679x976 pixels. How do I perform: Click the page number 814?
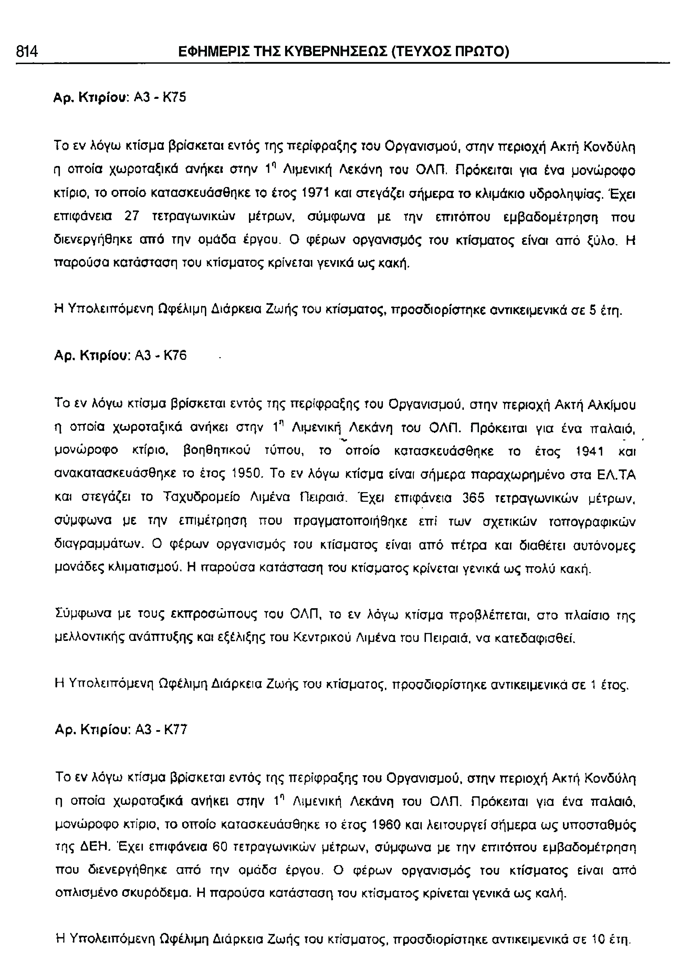pyautogui.click(x=27, y=52)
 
